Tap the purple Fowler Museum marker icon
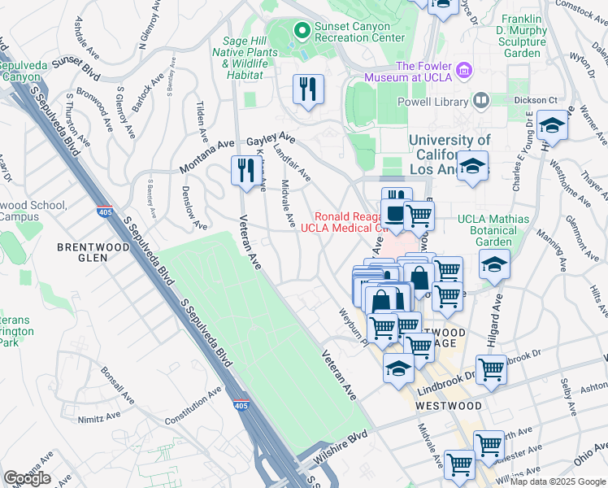[x=465, y=69]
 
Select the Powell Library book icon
[x=480, y=101]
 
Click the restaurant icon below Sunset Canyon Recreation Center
[x=308, y=89]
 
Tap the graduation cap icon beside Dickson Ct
[x=552, y=125]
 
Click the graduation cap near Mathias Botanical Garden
[x=493, y=265]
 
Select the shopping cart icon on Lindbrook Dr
[x=491, y=370]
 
